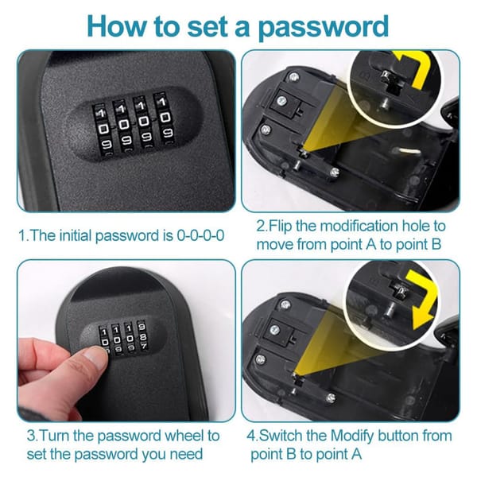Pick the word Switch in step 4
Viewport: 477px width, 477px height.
tap(289, 436)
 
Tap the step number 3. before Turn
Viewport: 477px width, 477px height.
tap(33, 436)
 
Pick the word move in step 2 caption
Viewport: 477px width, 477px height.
tap(273, 244)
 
